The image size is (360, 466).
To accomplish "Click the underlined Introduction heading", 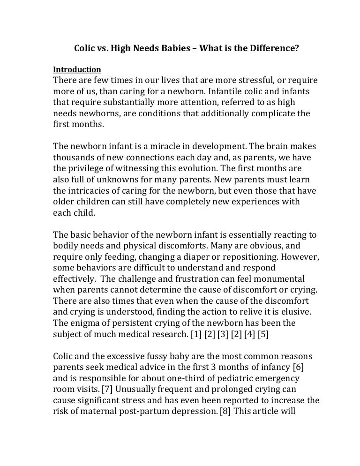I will click(x=77, y=70).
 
